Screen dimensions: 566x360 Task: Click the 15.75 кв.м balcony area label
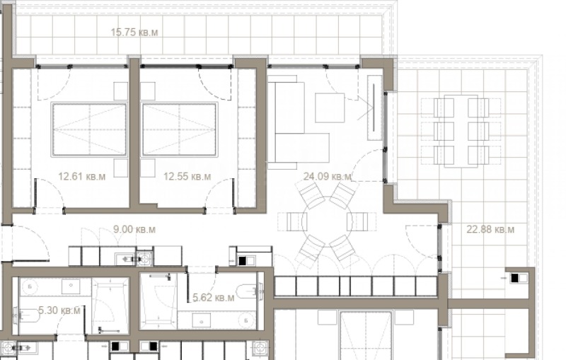134,33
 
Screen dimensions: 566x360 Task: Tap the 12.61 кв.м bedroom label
82,177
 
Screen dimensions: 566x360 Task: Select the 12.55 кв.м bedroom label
187,177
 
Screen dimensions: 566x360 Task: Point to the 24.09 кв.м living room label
327,177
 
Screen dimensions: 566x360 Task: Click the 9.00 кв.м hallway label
134,229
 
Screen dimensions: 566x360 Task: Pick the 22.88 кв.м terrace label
490,229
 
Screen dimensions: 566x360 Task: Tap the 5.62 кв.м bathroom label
214,298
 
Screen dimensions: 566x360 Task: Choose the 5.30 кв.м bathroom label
59,310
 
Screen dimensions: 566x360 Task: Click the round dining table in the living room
327,221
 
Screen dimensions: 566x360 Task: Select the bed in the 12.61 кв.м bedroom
89,130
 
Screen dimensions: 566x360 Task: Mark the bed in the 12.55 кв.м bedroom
180,130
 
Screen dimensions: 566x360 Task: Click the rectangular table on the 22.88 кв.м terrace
461,131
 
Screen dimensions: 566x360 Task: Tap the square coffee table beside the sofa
330,108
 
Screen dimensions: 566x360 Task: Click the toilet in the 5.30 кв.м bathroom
26,316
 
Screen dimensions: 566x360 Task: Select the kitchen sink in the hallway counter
145,259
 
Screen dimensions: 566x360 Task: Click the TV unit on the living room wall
374,108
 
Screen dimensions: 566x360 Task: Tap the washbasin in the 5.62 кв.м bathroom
201,320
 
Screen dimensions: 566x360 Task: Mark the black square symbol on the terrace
515,278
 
